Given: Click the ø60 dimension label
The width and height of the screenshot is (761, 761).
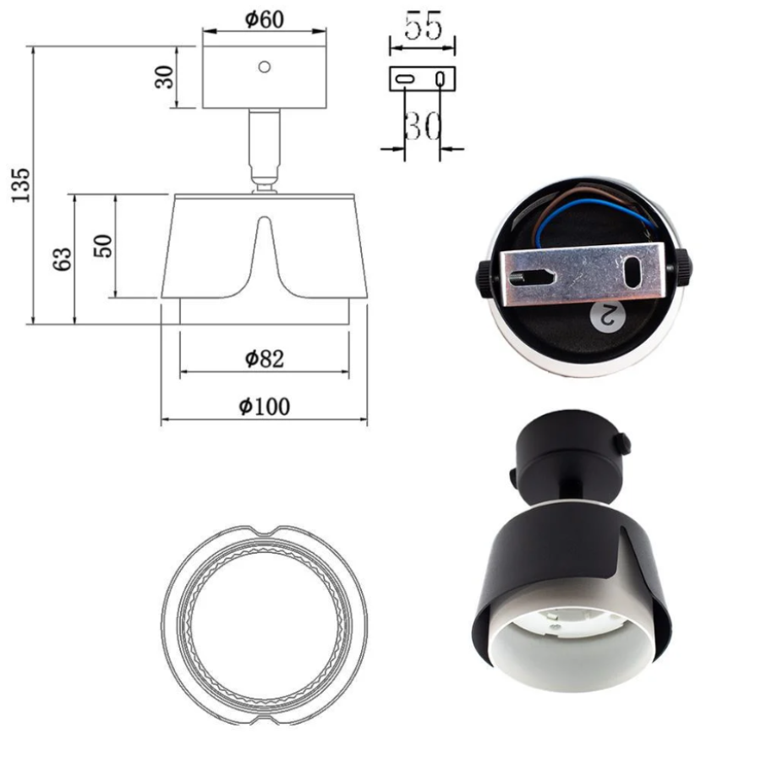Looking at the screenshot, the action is tap(265, 20).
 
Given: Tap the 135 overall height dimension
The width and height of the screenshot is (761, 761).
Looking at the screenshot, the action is tap(21, 185).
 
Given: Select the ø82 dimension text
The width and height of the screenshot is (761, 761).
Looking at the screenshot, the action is tap(265, 359).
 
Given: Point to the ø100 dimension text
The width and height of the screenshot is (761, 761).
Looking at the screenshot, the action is tap(265, 407).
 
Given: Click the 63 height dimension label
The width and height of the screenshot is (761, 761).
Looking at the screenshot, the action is tap(63, 260).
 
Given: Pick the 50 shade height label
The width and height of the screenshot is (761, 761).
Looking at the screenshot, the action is tap(103, 246).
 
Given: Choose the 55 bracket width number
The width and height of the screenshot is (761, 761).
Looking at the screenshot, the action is tap(424, 26).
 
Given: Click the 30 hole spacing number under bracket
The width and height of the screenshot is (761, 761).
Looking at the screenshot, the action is tap(423, 126).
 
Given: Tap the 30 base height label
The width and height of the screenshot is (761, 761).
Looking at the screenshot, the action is tap(165, 77).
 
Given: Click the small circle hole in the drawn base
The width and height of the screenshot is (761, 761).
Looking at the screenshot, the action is tap(265, 67).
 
